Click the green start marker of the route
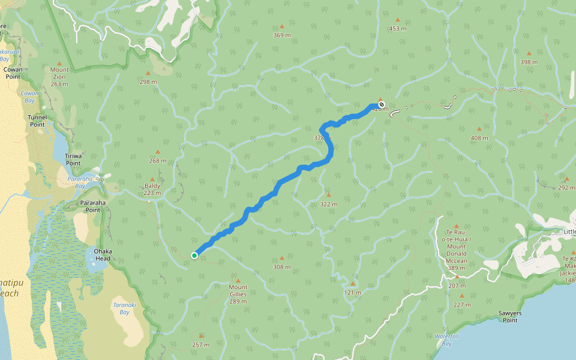click(x=194, y=256)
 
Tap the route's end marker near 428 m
click(x=382, y=104)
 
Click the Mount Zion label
click(x=59, y=77)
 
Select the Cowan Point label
click(x=13, y=73)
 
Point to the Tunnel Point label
click(x=37, y=121)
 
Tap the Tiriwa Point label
click(x=73, y=159)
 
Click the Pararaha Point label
click(x=93, y=206)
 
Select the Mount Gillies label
click(x=238, y=290)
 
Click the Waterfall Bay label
click(x=446, y=340)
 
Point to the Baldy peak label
click(x=152, y=189)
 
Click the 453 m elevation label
click(x=397, y=28)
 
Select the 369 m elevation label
click(x=281, y=35)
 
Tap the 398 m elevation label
click(x=529, y=62)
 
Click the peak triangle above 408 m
click(x=479, y=128)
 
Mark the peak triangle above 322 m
click(x=328, y=194)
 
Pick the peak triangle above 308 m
click(x=281, y=257)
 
